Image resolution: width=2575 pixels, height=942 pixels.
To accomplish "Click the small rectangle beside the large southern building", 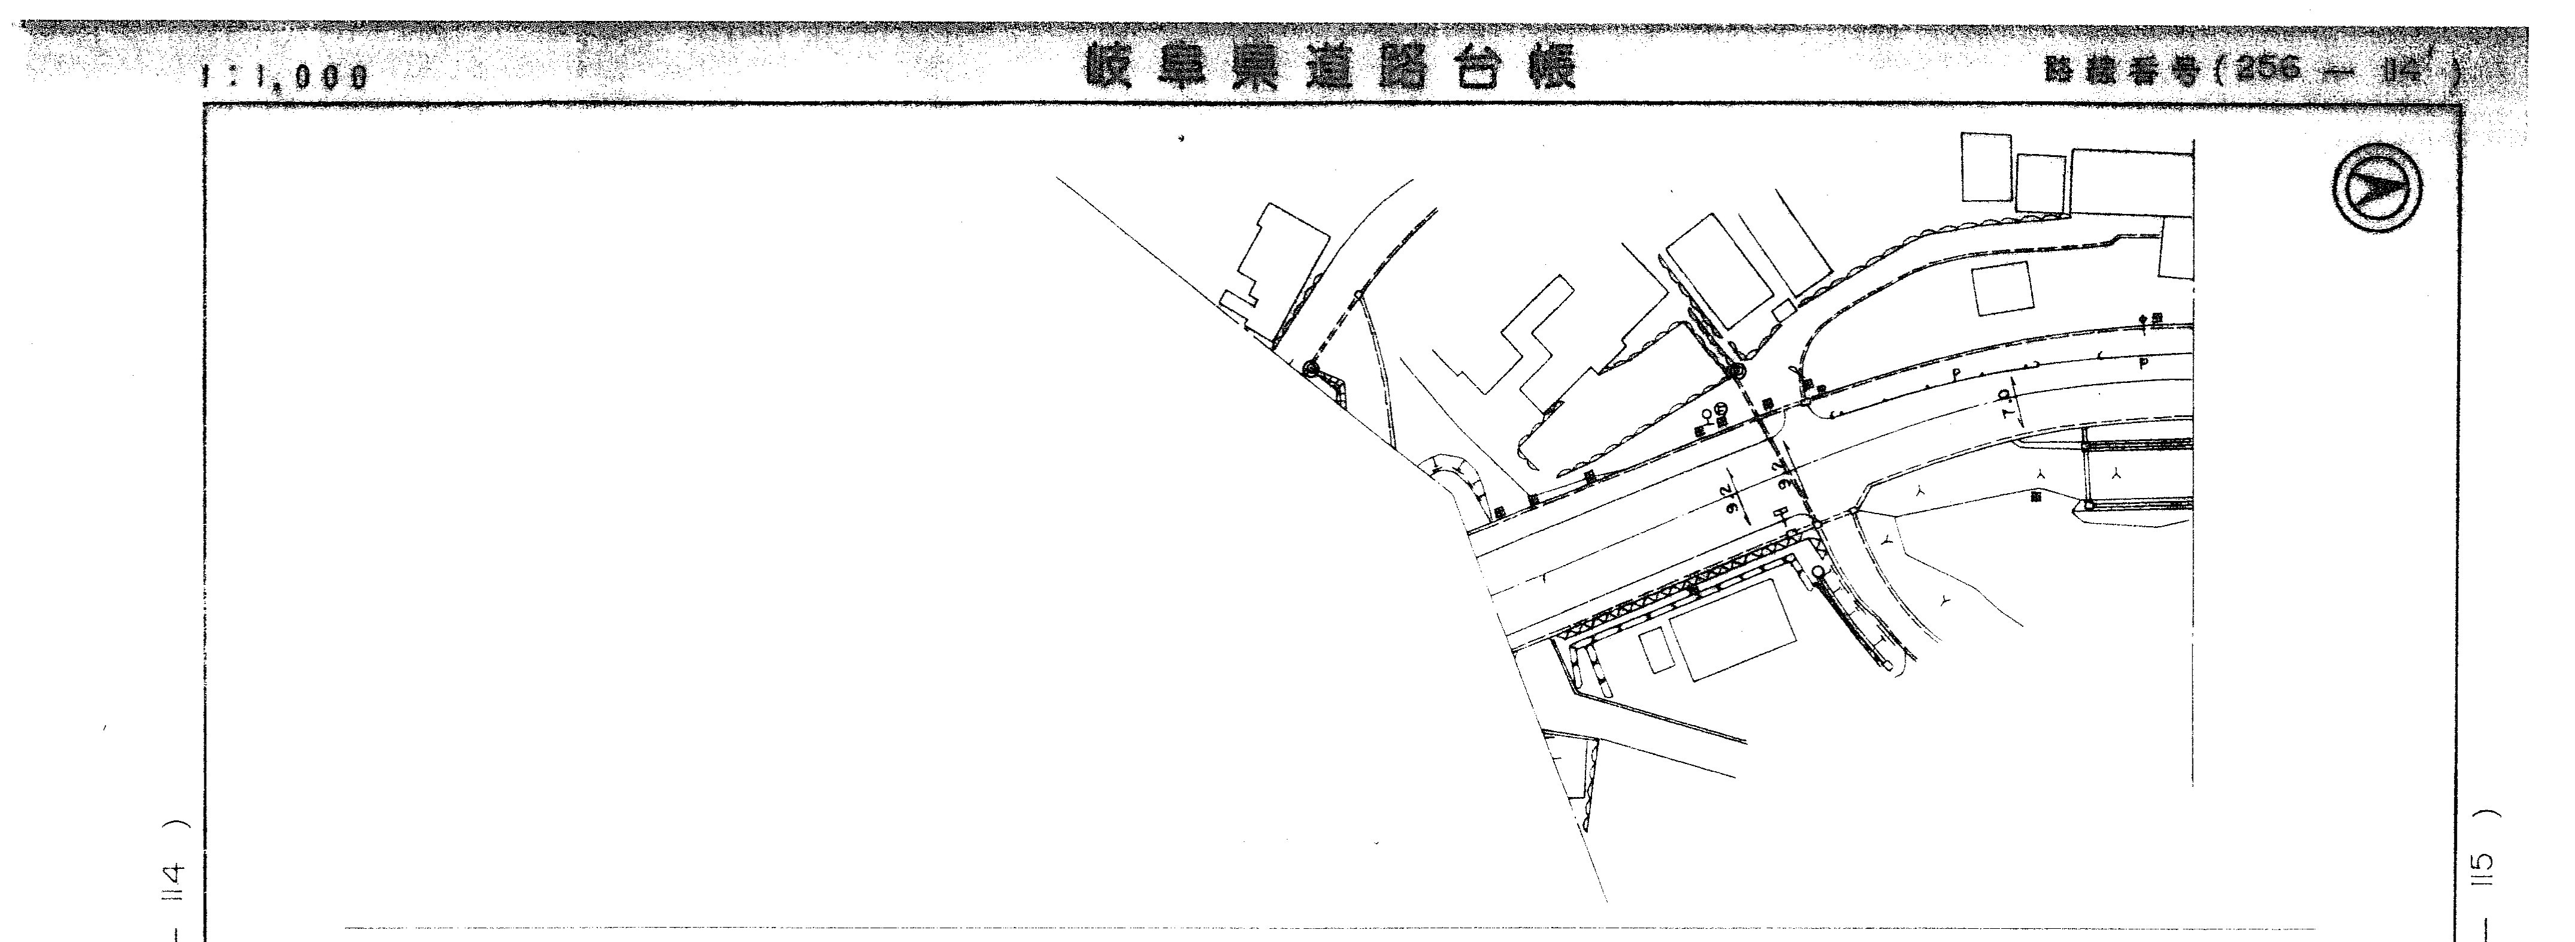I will [x=1654, y=650].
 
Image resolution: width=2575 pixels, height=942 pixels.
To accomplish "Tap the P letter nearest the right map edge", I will [x=2141, y=364].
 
